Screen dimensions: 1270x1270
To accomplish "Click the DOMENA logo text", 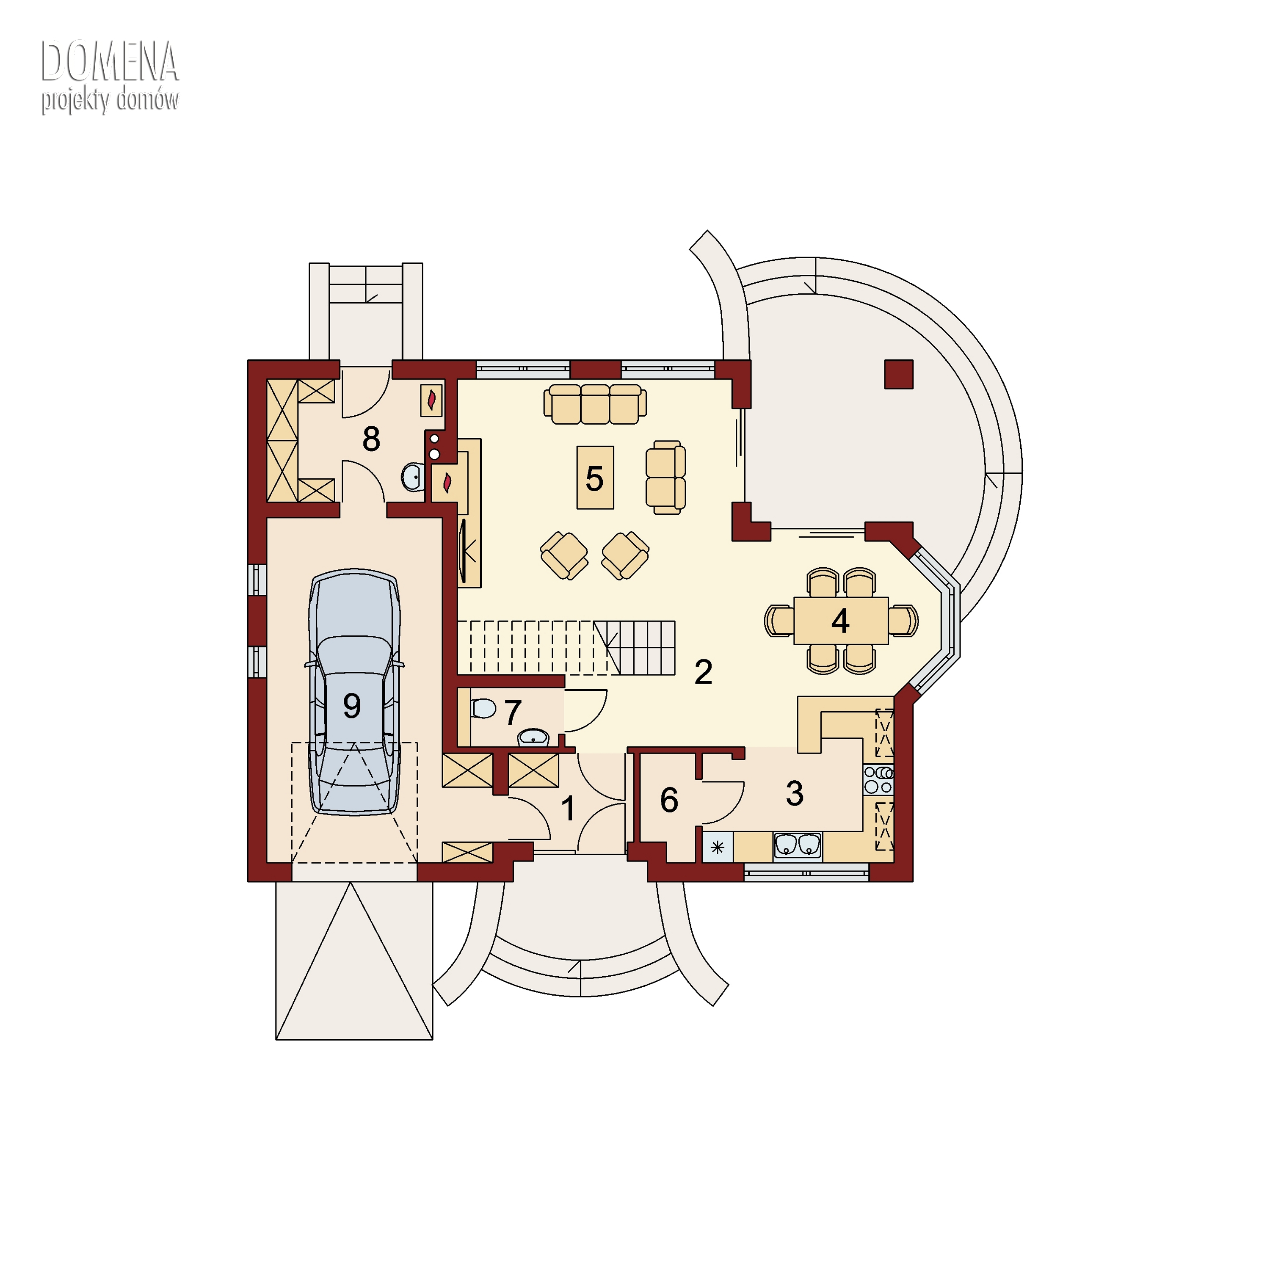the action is [x=110, y=61].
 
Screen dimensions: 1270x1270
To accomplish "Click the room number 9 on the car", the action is [x=352, y=706].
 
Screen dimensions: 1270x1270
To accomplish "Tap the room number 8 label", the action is [x=371, y=439].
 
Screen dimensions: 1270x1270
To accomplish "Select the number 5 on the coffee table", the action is [x=594, y=478].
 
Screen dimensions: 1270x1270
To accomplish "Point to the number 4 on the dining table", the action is [x=840, y=621].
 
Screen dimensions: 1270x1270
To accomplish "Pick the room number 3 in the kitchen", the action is [x=795, y=793].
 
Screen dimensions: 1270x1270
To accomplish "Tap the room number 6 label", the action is [x=669, y=800].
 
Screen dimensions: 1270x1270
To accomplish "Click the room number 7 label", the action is [x=513, y=712].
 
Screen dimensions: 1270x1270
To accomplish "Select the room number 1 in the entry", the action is [x=569, y=809].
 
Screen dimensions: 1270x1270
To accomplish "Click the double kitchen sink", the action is [x=798, y=846].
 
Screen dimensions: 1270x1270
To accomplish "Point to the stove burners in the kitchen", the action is [x=879, y=780].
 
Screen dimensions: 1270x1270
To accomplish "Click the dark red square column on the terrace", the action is [x=899, y=374].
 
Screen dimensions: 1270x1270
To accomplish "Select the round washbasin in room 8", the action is [x=413, y=477].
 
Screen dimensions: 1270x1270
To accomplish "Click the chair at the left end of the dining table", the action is [x=780, y=621].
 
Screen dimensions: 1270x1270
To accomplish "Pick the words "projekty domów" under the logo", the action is [x=110, y=101].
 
